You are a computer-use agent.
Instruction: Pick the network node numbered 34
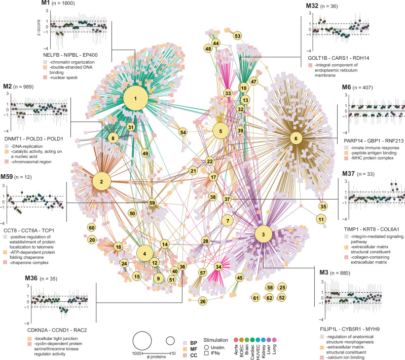(x=218, y=266)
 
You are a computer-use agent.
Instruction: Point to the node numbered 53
(x=237, y=36)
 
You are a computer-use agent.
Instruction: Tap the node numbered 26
(x=203, y=301)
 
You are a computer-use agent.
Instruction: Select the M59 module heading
(x=12, y=177)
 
